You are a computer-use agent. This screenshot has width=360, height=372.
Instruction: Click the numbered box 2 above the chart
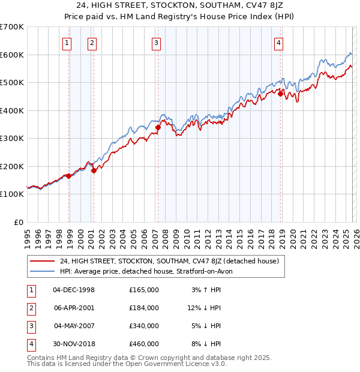(92, 43)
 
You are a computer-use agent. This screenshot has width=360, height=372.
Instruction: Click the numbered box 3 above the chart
(156, 43)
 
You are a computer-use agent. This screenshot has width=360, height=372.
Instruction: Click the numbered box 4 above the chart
(280, 43)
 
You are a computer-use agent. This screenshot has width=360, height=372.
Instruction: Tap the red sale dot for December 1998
(69, 176)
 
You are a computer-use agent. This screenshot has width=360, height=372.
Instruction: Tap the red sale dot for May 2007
(158, 127)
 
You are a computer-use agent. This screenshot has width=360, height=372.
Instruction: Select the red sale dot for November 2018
(280, 93)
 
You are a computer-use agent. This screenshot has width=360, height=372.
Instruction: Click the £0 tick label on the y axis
(19, 222)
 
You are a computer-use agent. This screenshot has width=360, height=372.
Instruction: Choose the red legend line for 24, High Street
(43, 261)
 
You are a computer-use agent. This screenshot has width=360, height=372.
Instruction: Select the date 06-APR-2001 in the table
(74, 307)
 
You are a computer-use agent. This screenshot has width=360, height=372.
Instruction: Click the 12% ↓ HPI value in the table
(203, 307)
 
